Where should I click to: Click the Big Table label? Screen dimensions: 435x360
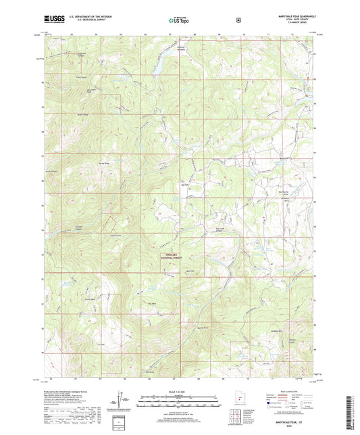pyautogui.click(x=134, y=304)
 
